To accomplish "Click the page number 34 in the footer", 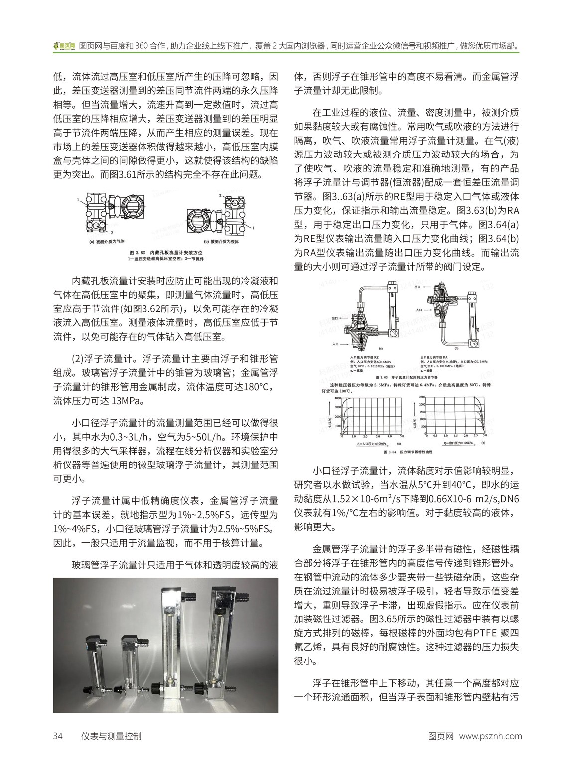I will [58, 736].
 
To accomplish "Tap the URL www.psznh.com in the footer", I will [490, 736].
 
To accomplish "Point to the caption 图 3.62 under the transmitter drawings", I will [167, 253].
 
